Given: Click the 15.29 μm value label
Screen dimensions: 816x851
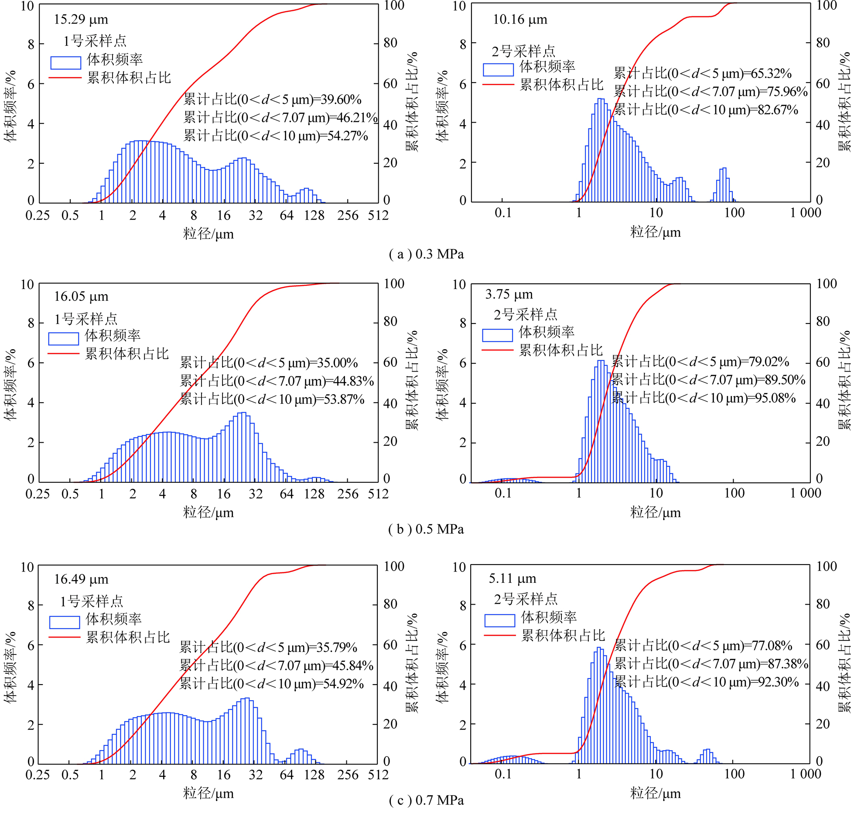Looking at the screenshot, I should (81, 20).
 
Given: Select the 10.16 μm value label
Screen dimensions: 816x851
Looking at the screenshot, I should (519, 20).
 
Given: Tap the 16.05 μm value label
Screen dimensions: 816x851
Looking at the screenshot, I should (81, 297).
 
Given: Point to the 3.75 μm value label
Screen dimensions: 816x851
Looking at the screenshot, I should (509, 294).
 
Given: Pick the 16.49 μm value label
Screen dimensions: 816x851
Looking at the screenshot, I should (81, 579).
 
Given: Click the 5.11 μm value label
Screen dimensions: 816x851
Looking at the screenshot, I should (512, 578).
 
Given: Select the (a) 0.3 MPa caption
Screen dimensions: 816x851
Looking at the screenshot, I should (426, 254).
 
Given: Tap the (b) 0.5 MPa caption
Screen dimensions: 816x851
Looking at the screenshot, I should (426, 529).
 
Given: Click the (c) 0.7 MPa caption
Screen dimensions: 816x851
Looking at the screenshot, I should (426, 800).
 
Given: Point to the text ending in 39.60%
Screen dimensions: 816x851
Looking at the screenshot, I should (272, 100).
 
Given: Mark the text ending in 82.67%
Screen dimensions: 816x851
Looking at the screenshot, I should (706, 110).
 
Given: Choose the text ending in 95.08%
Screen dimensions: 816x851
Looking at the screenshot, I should (704, 398).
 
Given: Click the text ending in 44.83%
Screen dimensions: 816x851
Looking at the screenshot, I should (277, 381).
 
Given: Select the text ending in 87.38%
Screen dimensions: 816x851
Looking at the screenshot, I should (711, 664).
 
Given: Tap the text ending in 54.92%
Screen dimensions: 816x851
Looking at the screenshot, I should (271, 684).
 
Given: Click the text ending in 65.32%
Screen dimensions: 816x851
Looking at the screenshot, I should (702, 73).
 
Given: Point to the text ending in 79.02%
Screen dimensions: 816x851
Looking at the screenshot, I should (700, 362).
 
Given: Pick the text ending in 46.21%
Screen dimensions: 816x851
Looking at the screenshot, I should (280, 117).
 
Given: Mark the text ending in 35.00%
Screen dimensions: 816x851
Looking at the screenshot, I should (269, 363).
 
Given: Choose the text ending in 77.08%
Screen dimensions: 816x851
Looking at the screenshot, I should (703, 645).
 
